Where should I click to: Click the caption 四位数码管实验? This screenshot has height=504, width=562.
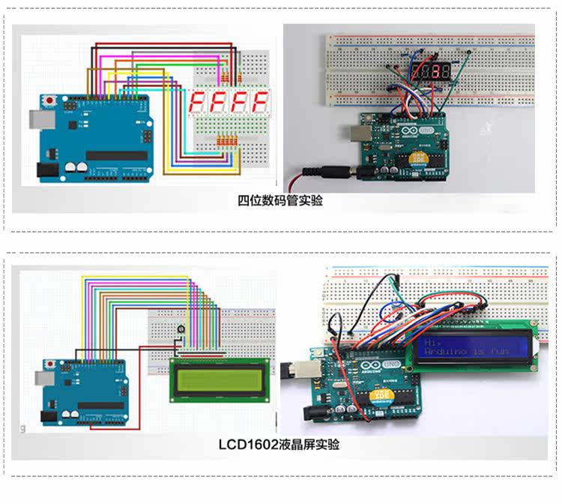pos(280,200)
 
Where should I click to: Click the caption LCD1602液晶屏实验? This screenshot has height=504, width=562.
pos(279,445)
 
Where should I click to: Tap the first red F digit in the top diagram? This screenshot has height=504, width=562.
pos(198,103)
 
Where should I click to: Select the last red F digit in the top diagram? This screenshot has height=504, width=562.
pos(261,103)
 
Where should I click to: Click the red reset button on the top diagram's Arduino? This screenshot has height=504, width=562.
pos(50,100)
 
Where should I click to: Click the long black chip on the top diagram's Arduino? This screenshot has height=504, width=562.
pos(116,155)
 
